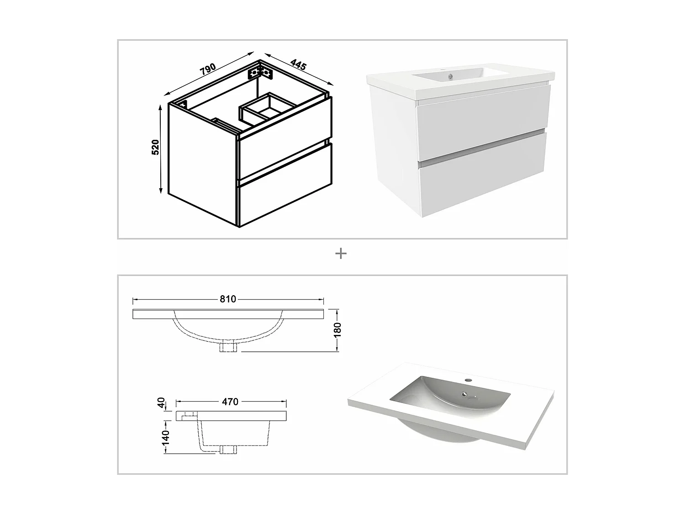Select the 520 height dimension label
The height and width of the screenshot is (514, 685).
pyautogui.click(x=156, y=147)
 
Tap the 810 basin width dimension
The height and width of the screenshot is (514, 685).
pyautogui.click(x=228, y=299)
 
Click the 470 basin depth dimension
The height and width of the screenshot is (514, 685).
pyautogui.click(x=230, y=402)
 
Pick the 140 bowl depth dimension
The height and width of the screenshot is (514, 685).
pyautogui.click(x=165, y=437)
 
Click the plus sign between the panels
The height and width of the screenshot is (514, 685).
pyautogui.click(x=341, y=254)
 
